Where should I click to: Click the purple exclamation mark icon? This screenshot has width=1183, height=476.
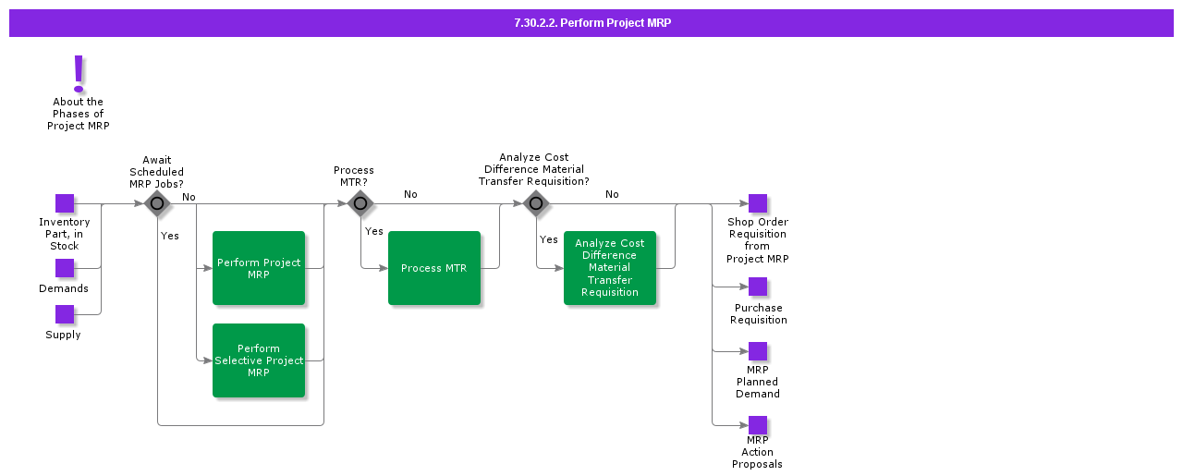[x=79, y=73]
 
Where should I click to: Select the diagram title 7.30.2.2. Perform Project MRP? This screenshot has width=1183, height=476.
[x=591, y=23]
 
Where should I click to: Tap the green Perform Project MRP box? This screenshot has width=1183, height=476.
[x=259, y=268]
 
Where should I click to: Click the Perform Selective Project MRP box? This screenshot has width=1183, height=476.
[x=259, y=360]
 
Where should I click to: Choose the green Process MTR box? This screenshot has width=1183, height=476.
[x=434, y=268]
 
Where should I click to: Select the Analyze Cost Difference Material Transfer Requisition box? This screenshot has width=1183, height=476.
[x=610, y=268]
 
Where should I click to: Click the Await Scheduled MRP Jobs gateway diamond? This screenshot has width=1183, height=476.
[x=157, y=203]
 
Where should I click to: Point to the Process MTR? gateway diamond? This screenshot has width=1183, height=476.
[x=360, y=203]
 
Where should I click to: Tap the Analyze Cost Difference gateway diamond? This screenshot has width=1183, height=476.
[x=536, y=203]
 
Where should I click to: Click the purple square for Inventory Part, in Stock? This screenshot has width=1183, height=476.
[x=65, y=203]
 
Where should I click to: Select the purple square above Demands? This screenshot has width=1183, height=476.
[x=65, y=268]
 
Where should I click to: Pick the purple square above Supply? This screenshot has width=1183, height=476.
[x=65, y=314]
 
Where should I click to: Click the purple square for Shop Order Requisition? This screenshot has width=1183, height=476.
[x=758, y=203]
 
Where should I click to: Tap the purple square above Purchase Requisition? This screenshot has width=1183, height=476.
[x=758, y=287]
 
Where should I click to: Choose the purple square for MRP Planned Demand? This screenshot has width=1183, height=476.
[x=758, y=351]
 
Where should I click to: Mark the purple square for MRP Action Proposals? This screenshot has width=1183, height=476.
[x=758, y=425]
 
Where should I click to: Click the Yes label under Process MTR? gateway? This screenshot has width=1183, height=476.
[x=374, y=232]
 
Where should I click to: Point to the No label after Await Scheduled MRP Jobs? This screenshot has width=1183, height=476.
[x=189, y=197]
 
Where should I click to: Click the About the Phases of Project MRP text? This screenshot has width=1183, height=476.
[x=79, y=114]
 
